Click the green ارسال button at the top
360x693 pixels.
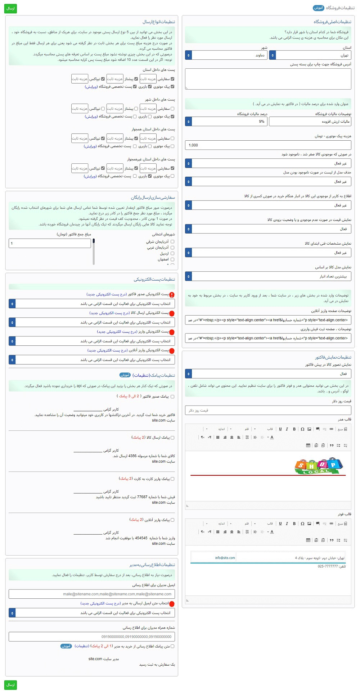click(10, 8)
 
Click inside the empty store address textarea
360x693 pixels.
click(268, 79)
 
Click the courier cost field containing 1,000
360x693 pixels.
click(268, 145)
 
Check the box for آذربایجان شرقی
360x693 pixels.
click(172, 242)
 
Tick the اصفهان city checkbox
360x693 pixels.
click(172, 259)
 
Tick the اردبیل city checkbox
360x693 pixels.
click(172, 254)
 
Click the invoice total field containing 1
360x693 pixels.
click(50, 244)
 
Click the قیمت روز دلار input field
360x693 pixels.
click(268, 410)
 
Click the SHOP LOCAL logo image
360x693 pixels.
click(319, 466)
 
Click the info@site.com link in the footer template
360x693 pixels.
click(225, 558)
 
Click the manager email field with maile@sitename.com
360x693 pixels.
click(91, 594)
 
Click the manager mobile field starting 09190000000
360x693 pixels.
click(91, 637)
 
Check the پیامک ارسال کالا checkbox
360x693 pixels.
click(172, 438)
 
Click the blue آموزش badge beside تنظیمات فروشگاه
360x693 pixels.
click(319, 8)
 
